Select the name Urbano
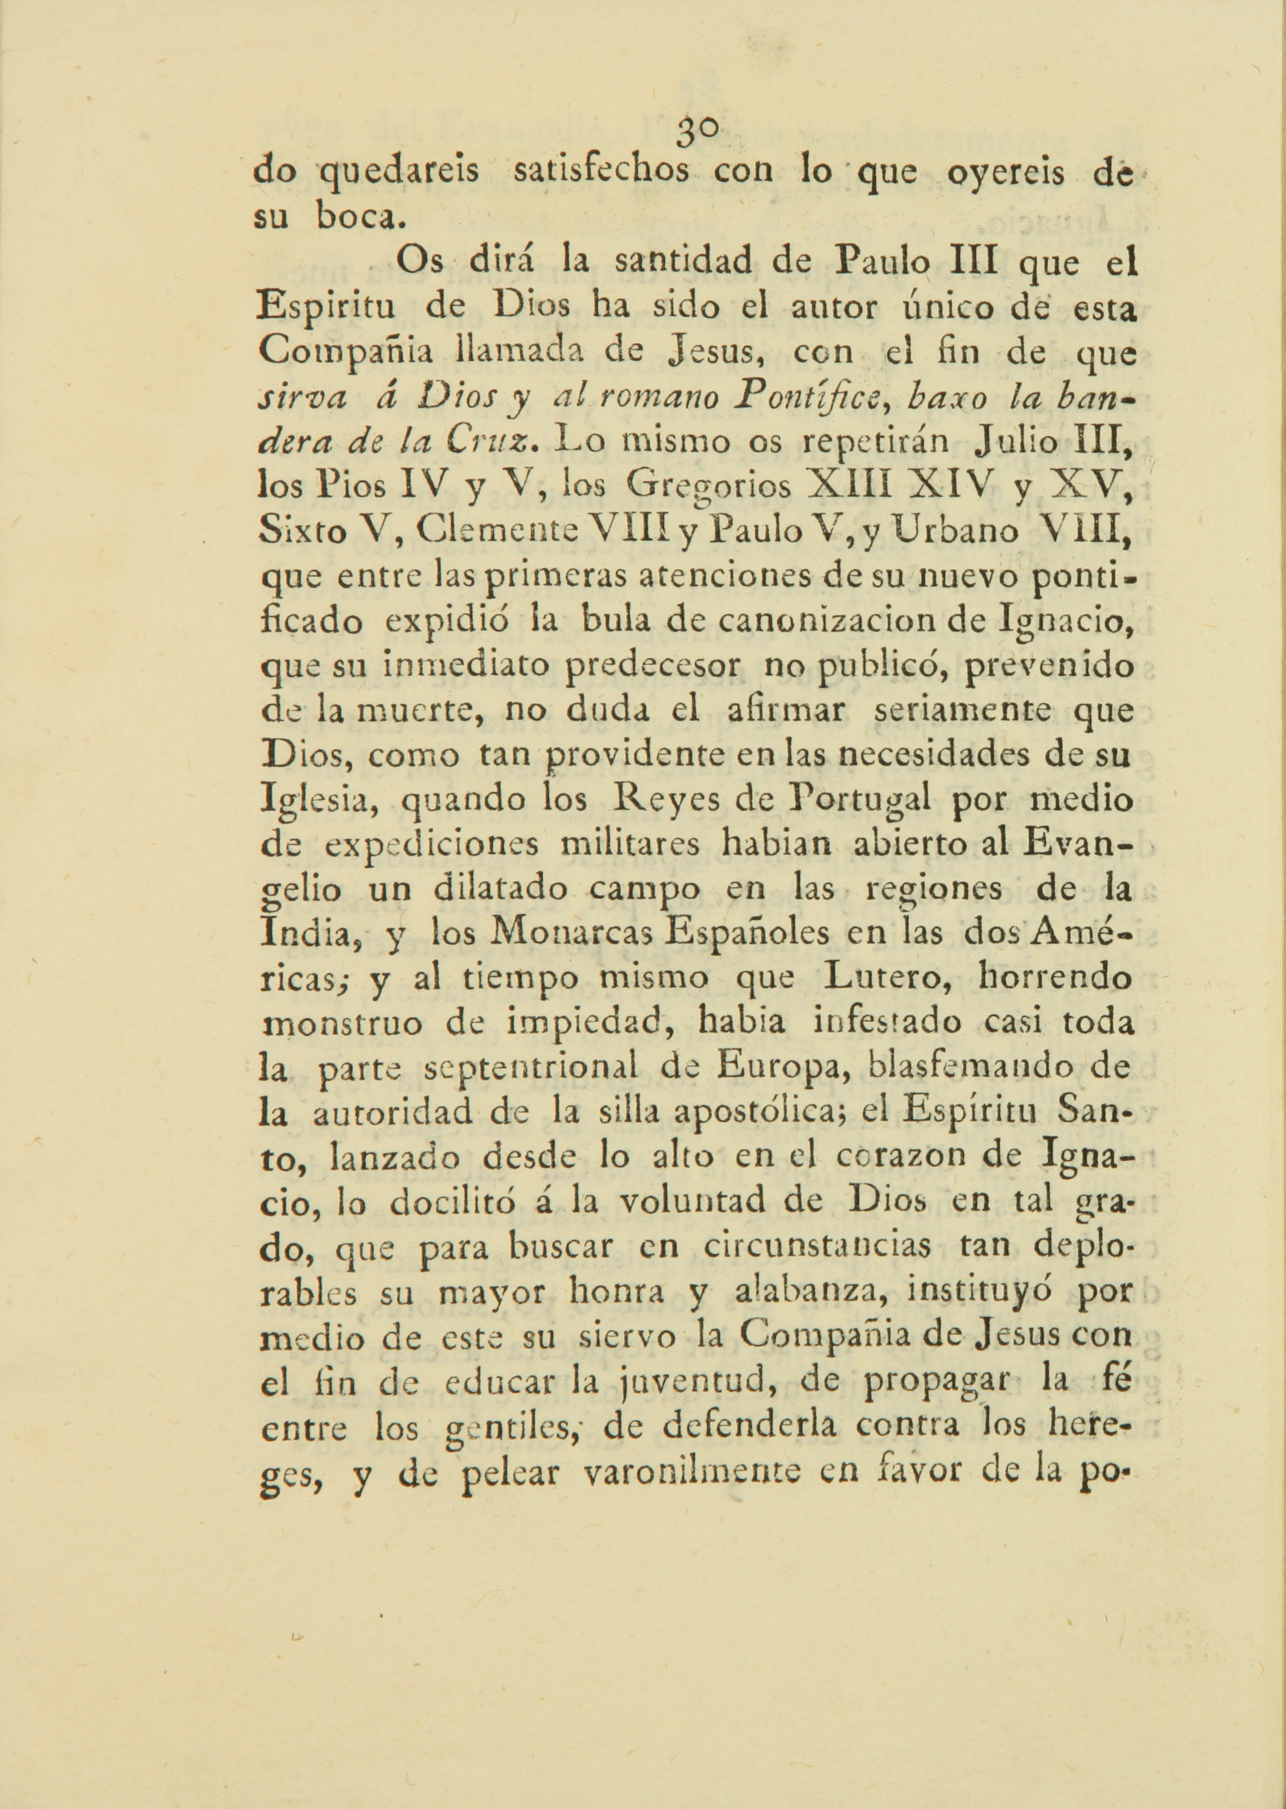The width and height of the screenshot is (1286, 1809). tap(955, 530)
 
